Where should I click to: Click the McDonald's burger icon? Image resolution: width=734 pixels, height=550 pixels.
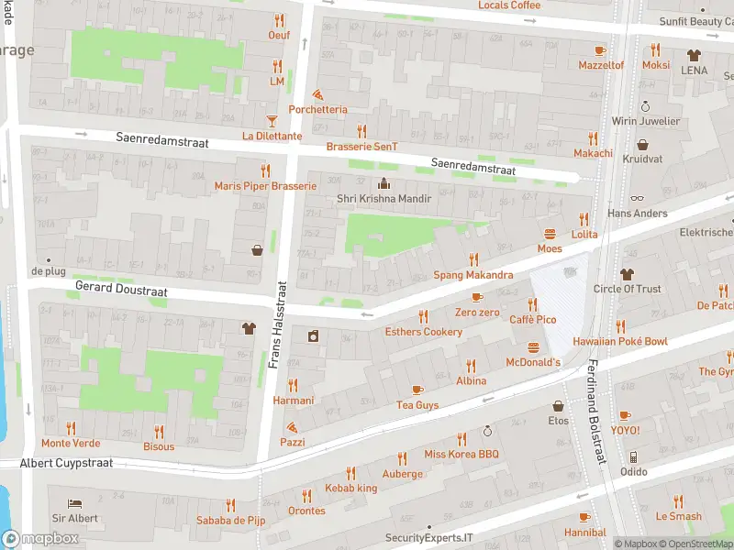coord(534,347)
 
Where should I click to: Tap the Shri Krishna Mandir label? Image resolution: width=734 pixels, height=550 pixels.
coord(384,198)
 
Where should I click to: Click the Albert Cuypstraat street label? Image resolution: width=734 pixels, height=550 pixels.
coord(66,463)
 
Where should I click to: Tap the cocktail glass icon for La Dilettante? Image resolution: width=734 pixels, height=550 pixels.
coord(272,121)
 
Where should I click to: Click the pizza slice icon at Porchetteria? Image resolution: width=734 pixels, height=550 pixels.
coord(317,94)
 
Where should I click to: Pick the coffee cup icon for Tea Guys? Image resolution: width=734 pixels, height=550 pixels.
coord(417,390)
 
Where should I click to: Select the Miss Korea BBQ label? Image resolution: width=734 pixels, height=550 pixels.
coord(461,454)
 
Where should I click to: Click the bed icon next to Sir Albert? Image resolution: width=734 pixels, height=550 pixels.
coord(75,503)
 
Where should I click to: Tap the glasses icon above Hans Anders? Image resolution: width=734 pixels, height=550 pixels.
coord(638,198)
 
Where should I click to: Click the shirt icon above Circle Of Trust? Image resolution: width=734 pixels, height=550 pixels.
coord(627,274)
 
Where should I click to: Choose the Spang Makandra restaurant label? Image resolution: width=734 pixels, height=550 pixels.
coord(473,275)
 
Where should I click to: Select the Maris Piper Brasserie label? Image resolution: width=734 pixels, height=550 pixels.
coord(265,185)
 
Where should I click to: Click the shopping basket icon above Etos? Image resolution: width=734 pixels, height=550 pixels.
coord(558,406)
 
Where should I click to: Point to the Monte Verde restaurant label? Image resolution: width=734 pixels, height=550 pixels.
coord(71,443)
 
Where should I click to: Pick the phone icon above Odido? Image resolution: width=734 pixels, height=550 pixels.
coord(632,456)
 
